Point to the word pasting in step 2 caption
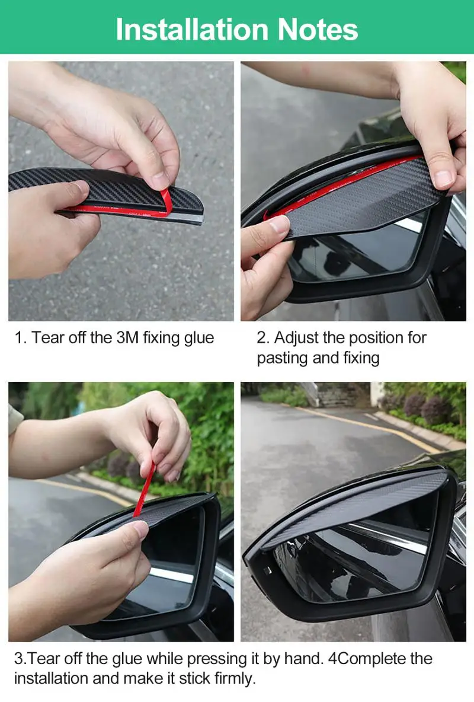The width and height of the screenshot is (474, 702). tap(280, 358)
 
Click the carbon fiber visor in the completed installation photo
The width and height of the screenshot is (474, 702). tap(355, 504)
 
